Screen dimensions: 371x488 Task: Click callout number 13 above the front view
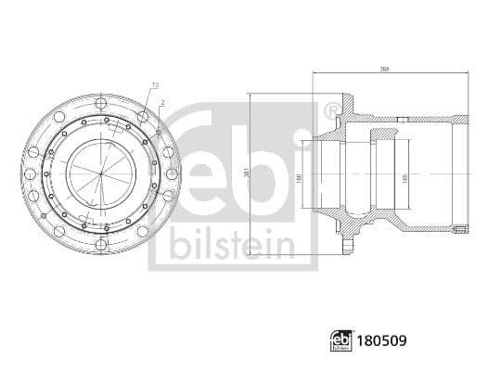point(154,84)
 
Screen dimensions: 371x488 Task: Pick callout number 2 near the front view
point(162,102)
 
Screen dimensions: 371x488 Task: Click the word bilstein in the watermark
point(233,245)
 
